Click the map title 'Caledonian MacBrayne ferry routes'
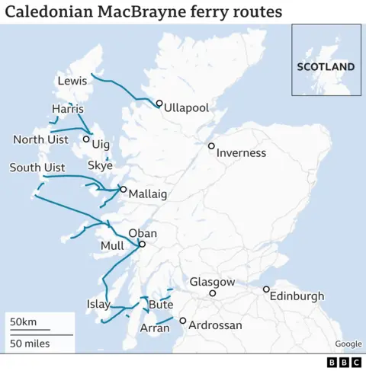143,12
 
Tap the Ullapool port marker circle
159,104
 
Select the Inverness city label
241,153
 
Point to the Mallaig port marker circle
124,189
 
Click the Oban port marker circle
141,245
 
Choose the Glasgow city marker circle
213,293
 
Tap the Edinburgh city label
297,296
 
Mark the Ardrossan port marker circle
182,321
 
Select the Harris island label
67,109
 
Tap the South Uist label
37,168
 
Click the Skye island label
100,165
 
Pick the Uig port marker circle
85,139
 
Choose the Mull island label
111,246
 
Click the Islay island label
98,305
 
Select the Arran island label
155,328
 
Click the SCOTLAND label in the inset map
326,66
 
